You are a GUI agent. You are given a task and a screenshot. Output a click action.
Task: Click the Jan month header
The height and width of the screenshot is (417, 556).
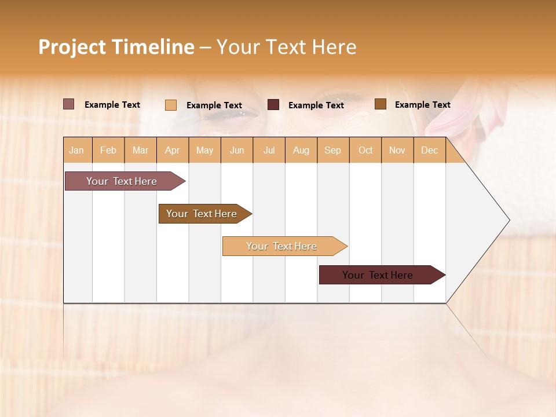click(77, 150)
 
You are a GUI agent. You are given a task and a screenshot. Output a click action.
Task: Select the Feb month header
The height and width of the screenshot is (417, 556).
click(108, 150)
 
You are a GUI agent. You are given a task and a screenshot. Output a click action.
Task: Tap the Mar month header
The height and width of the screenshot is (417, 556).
click(140, 150)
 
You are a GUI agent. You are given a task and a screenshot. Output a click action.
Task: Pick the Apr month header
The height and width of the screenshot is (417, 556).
click(173, 150)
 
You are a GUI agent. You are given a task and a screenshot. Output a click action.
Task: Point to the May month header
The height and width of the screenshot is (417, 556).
click(204, 150)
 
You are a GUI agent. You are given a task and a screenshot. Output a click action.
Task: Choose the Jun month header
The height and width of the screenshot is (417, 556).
click(237, 150)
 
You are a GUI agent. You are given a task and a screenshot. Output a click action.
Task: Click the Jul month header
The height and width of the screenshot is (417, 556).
click(269, 150)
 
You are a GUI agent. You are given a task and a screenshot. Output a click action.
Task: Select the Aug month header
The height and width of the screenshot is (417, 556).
click(301, 150)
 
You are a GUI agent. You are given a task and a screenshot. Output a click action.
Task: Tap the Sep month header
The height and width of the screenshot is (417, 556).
click(333, 150)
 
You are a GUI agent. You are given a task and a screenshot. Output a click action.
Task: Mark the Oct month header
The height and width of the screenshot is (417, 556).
click(365, 150)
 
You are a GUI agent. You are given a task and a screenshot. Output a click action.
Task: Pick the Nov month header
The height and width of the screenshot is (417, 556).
click(397, 150)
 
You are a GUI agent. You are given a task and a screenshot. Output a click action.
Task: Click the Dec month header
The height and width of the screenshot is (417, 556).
click(429, 150)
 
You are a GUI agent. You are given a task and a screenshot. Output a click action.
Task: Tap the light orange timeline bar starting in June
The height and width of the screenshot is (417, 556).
click(282, 246)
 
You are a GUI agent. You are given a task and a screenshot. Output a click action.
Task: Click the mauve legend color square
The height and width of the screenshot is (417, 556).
click(69, 104)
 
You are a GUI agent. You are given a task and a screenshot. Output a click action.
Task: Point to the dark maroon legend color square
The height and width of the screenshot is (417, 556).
click(273, 105)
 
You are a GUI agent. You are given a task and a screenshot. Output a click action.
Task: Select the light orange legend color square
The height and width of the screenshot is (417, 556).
click(171, 105)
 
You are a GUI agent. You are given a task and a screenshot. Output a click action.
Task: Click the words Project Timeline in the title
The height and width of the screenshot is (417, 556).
click(116, 47)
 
